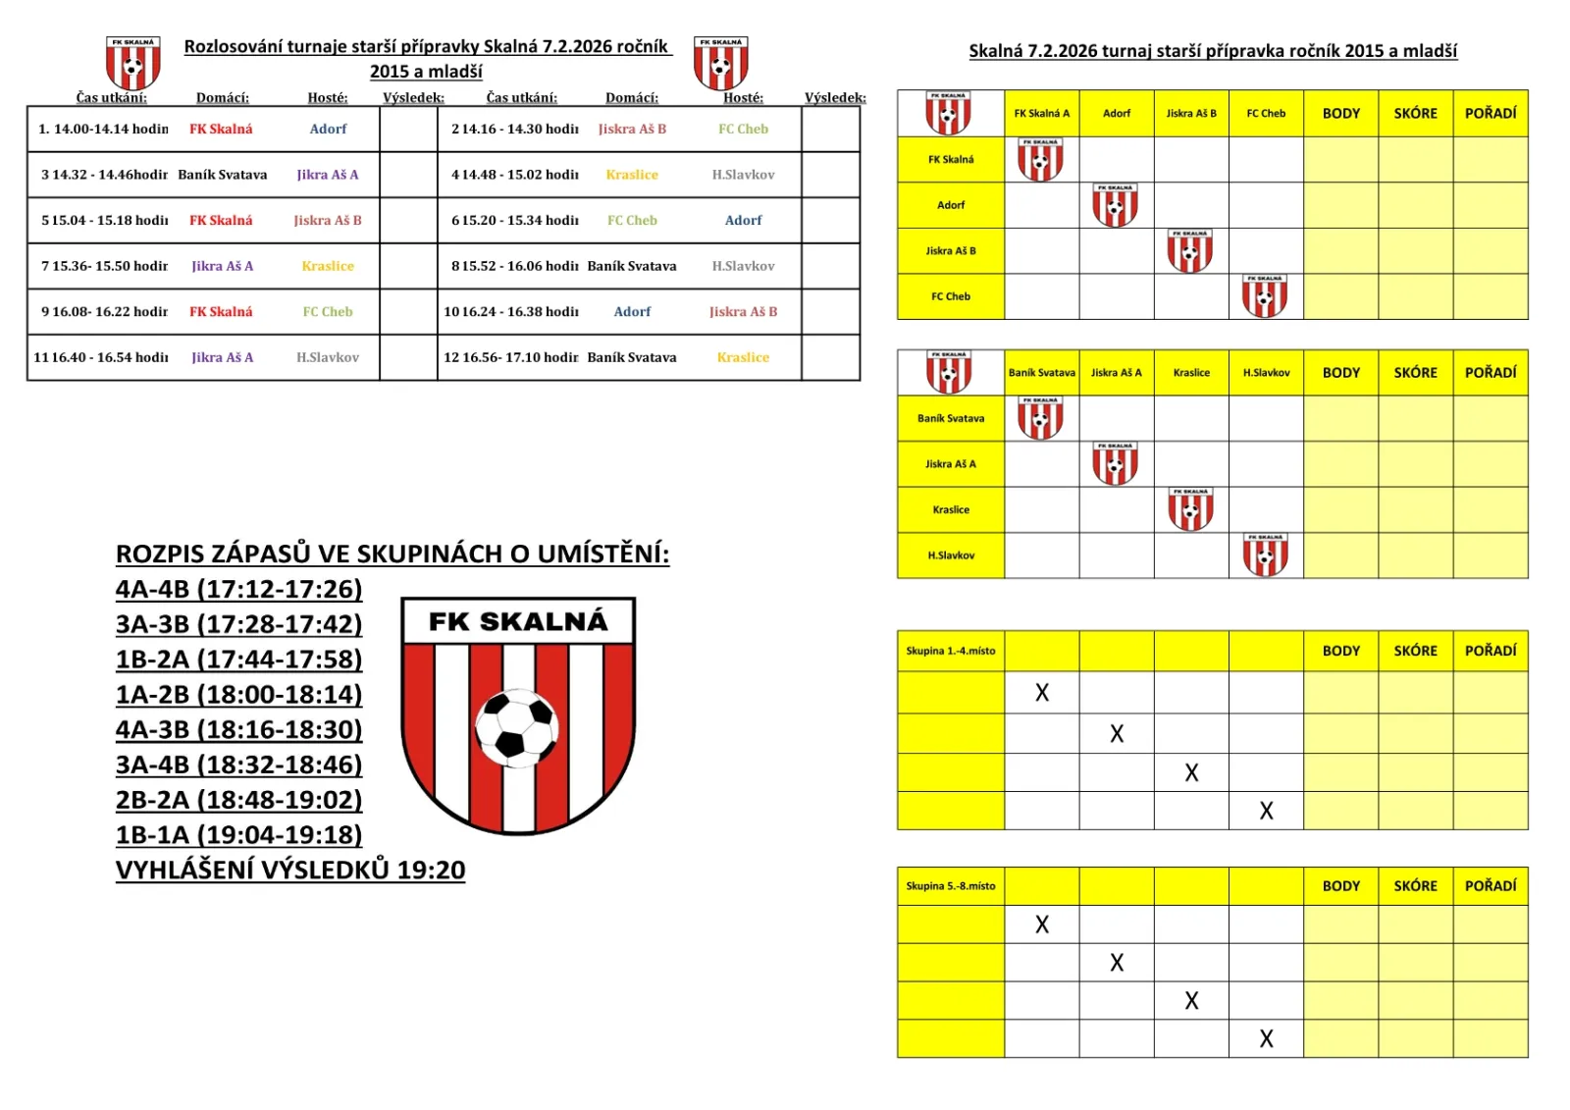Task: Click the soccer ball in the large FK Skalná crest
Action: (517, 727)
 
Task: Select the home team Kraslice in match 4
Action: (632, 175)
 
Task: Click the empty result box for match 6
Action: (830, 220)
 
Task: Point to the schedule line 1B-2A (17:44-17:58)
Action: (238, 660)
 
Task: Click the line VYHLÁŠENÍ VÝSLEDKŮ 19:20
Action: (290, 871)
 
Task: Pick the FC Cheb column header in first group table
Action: (1266, 114)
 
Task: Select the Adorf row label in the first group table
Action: (951, 205)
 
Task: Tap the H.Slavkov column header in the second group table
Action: (1266, 373)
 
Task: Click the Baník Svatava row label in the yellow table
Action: (951, 418)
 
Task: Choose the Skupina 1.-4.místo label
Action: (951, 651)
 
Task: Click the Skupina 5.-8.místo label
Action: (951, 886)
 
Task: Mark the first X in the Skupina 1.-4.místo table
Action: (1042, 693)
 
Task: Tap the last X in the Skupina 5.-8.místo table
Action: (1266, 1039)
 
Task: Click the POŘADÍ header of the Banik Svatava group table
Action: (1491, 373)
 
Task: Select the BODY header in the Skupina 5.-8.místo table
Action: (1341, 886)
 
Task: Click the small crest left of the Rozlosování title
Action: (133, 63)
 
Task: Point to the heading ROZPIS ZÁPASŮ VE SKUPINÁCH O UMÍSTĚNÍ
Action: (392, 555)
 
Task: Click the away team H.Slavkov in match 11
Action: (328, 358)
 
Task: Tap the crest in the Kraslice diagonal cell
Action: (1190, 509)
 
